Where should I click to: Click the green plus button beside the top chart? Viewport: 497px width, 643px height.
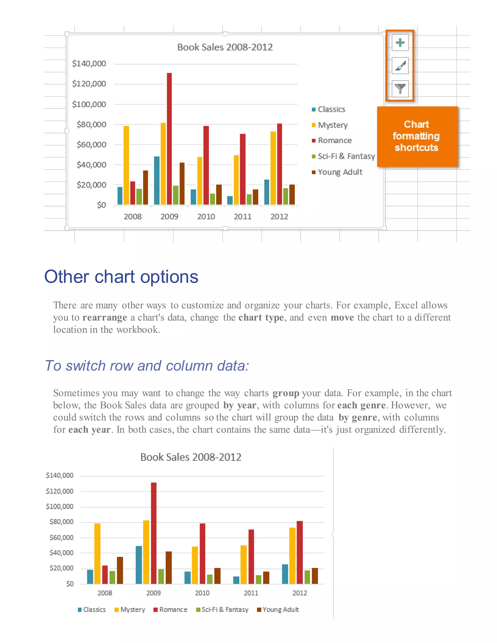(x=400, y=43)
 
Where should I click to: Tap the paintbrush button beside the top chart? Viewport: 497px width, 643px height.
(x=400, y=66)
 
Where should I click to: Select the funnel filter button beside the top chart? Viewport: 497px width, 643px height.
(x=400, y=89)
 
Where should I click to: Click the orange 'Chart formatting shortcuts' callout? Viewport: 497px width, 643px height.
(x=417, y=136)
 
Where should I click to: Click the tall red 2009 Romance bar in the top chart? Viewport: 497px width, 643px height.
(x=169, y=138)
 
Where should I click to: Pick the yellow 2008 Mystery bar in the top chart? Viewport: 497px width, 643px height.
(x=126, y=165)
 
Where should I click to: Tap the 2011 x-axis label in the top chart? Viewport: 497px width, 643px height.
(x=242, y=217)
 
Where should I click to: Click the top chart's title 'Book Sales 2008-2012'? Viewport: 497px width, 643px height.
(x=225, y=47)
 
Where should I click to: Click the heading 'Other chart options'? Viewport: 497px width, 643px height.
(x=121, y=277)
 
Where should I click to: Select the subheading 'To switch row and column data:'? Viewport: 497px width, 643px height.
(x=147, y=366)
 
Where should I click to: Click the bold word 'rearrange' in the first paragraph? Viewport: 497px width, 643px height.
(x=105, y=317)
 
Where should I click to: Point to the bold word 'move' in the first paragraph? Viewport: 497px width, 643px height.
(x=342, y=317)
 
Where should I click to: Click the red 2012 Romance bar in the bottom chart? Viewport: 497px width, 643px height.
(x=299, y=552)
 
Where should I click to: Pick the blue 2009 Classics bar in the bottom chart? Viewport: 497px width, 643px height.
(x=139, y=565)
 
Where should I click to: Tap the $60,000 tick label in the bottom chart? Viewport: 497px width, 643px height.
(x=61, y=538)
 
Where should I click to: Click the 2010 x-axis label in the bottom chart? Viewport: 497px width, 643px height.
(x=202, y=593)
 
